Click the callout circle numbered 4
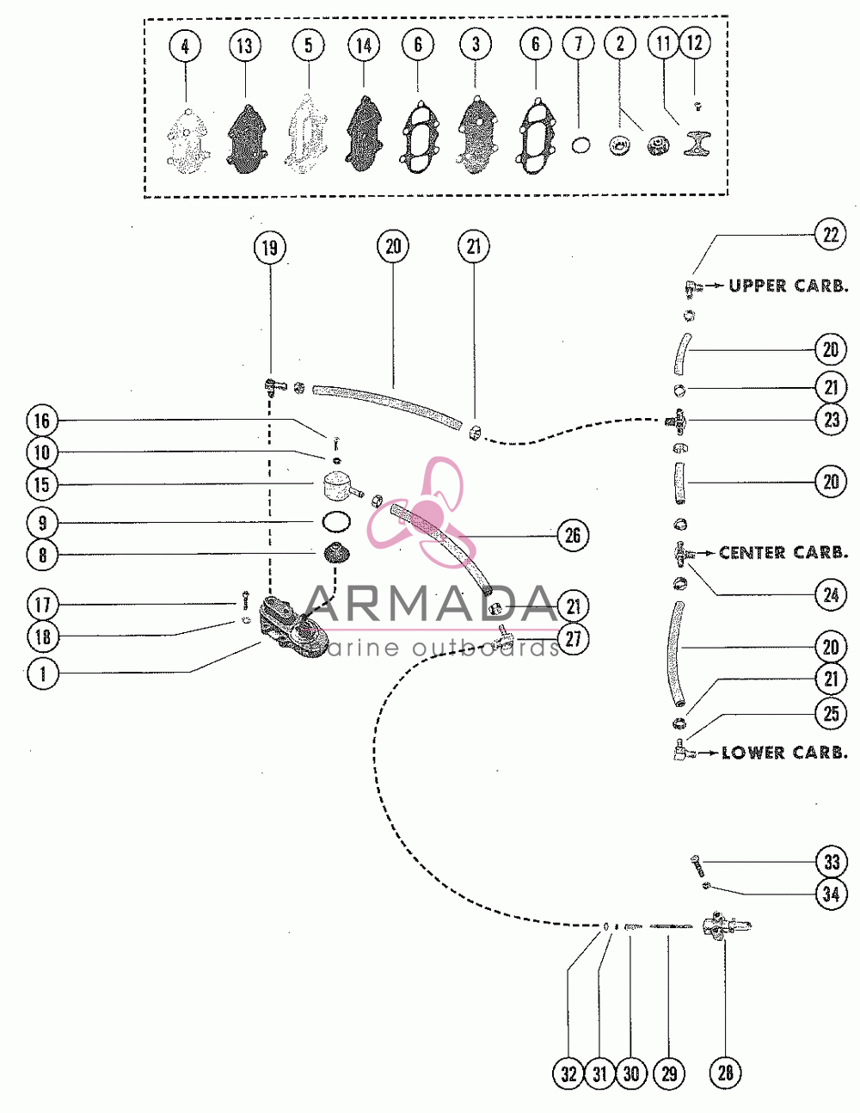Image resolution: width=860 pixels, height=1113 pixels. (x=185, y=46)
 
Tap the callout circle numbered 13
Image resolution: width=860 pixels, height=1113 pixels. (x=245, y=46)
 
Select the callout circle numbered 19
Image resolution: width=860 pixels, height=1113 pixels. (x=270, y=248)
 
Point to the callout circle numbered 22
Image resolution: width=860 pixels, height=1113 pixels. (x=830, y=235)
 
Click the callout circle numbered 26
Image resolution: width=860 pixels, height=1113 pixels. (x=573, y=536)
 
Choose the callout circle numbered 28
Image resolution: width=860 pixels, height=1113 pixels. (x=726, y=1073)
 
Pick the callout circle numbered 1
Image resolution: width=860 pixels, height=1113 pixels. (x=43, y=673)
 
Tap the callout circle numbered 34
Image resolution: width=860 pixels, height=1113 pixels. (x=831, y=895)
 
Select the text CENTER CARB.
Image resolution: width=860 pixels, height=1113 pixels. (x=783, y=553)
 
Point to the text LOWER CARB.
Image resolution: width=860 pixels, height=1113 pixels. (x=784, y=753)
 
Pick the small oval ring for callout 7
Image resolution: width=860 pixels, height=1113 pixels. (x=580, y=145)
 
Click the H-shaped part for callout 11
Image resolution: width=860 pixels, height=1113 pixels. (x=697, y=143)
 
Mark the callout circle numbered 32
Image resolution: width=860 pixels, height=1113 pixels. (x=568, y=1074)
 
